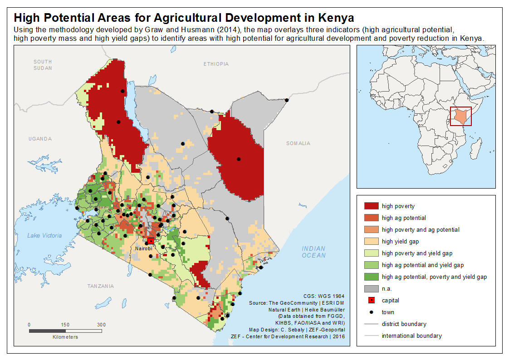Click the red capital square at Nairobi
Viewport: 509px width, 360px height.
tap(151, 241)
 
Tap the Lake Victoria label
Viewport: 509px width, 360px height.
tap(44, 235)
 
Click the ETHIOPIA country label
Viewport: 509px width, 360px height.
tap(216, 64)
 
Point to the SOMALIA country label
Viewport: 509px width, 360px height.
tap(299, 143)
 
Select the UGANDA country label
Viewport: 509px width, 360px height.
tap(40, 139)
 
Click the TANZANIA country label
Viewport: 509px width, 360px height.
tap(101, 286)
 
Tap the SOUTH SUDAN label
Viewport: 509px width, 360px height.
tap(43, 65)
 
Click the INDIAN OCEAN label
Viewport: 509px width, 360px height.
tap(313, 252)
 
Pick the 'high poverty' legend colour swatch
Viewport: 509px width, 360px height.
tap(372, 206)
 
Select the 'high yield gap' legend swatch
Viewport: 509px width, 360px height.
tap(372, 241)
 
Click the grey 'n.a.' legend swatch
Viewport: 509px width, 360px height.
tap(372, 289)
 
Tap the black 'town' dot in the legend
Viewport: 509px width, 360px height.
tap(372, 312)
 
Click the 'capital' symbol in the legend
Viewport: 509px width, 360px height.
tap(372, 300)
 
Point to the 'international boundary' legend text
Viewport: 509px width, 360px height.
tap(411, 336)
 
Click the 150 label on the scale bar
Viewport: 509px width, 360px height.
tap(65, 325)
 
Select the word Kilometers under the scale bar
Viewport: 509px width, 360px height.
tap(65, 337)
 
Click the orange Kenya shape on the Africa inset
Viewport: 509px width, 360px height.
tap(460, 116)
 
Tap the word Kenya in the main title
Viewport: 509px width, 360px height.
tap(336, 18)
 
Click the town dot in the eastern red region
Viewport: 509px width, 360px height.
tap(239, 159)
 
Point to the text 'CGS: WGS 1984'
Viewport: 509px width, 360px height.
tap(324, 296)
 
